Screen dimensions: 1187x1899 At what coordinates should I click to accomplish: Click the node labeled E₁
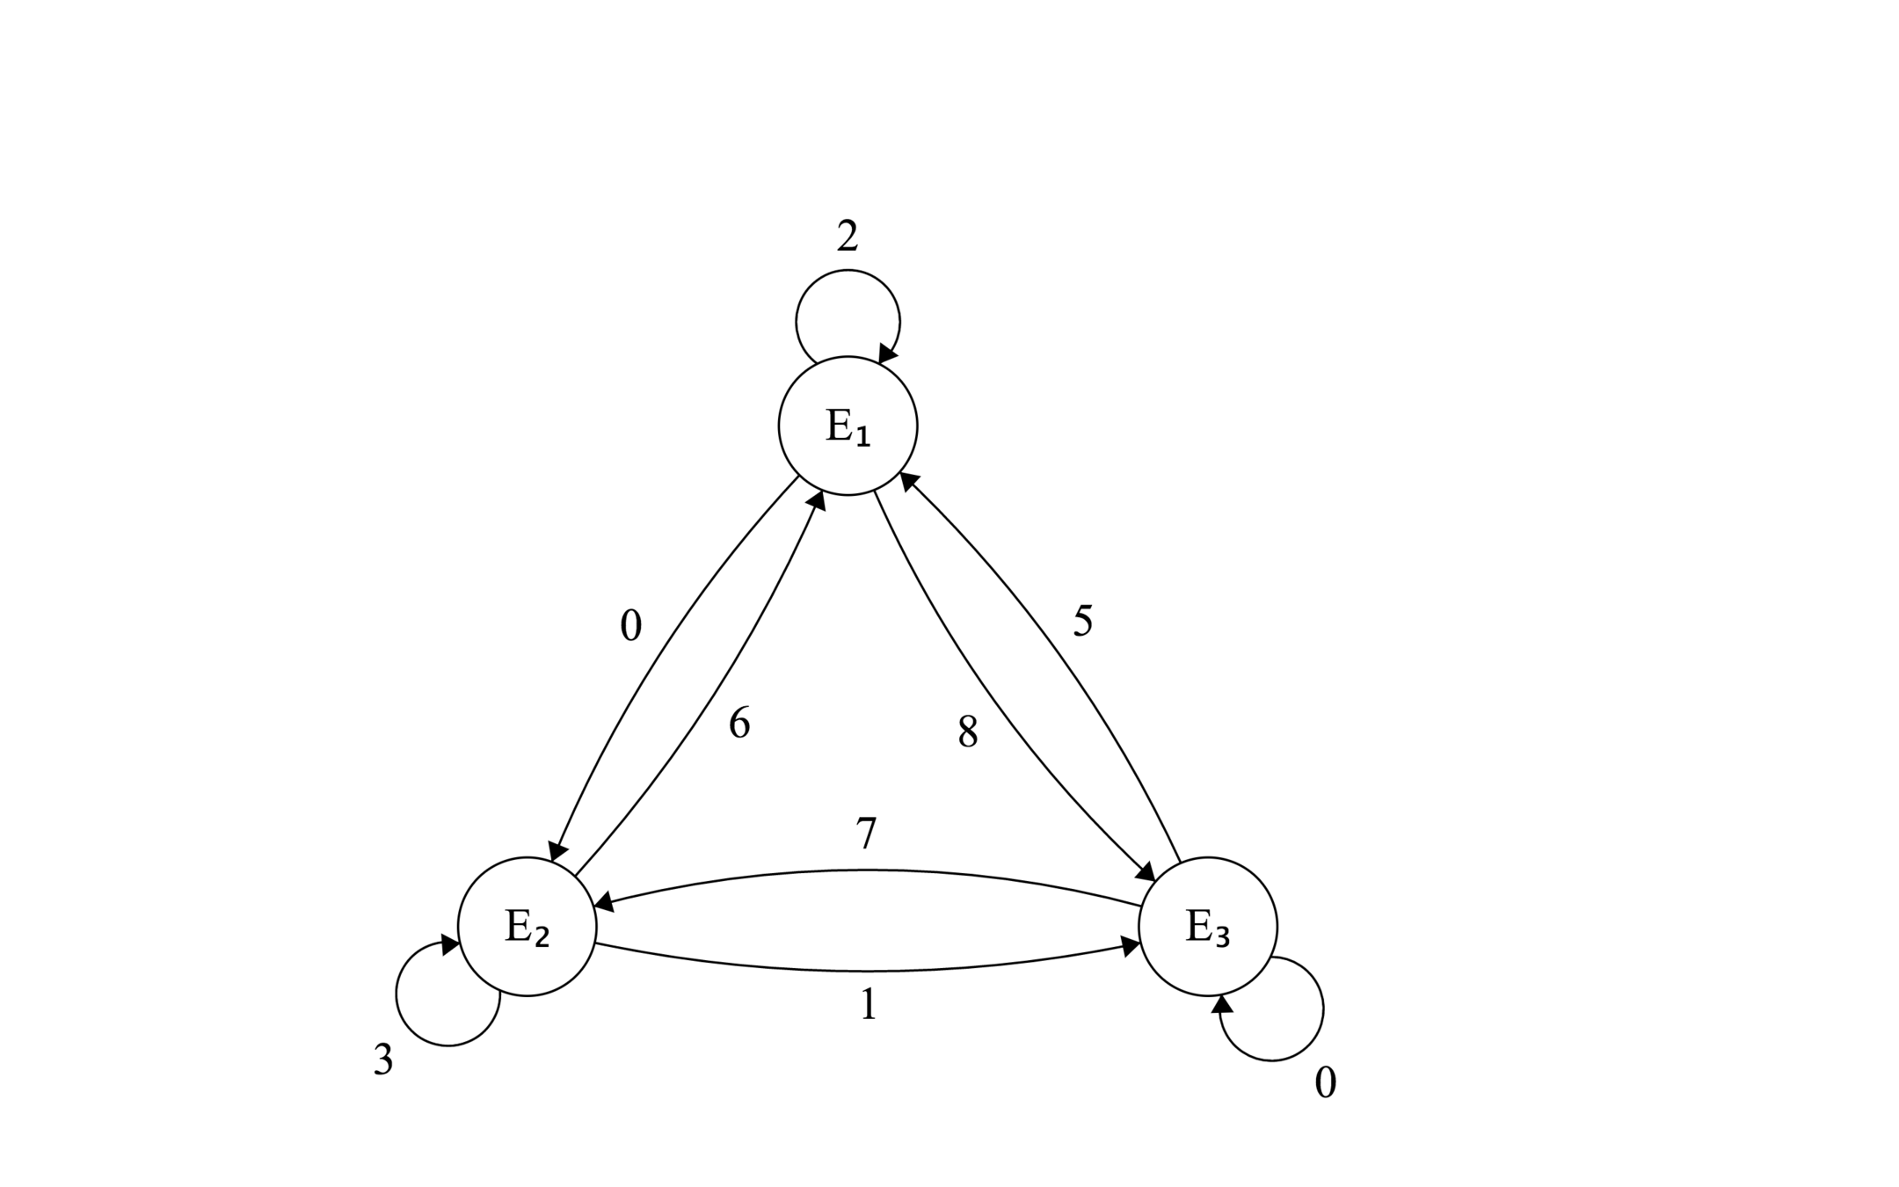848,426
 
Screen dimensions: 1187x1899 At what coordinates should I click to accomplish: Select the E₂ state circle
527,926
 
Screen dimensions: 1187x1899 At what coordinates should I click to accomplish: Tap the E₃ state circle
1207,926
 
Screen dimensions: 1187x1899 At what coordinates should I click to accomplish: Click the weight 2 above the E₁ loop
847,237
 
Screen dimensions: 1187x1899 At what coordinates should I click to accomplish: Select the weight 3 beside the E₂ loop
382,1060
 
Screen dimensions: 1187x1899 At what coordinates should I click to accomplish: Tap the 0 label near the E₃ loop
1325,1082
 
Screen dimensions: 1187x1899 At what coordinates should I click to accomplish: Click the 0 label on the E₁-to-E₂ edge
630,626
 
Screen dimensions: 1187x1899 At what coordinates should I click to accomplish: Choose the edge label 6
739,724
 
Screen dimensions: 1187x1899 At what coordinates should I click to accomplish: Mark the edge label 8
967,732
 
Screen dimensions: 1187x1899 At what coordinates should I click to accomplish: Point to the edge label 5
1082,622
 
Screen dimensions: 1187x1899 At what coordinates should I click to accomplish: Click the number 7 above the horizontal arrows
866,834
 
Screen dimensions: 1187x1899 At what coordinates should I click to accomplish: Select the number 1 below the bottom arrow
868,1004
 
